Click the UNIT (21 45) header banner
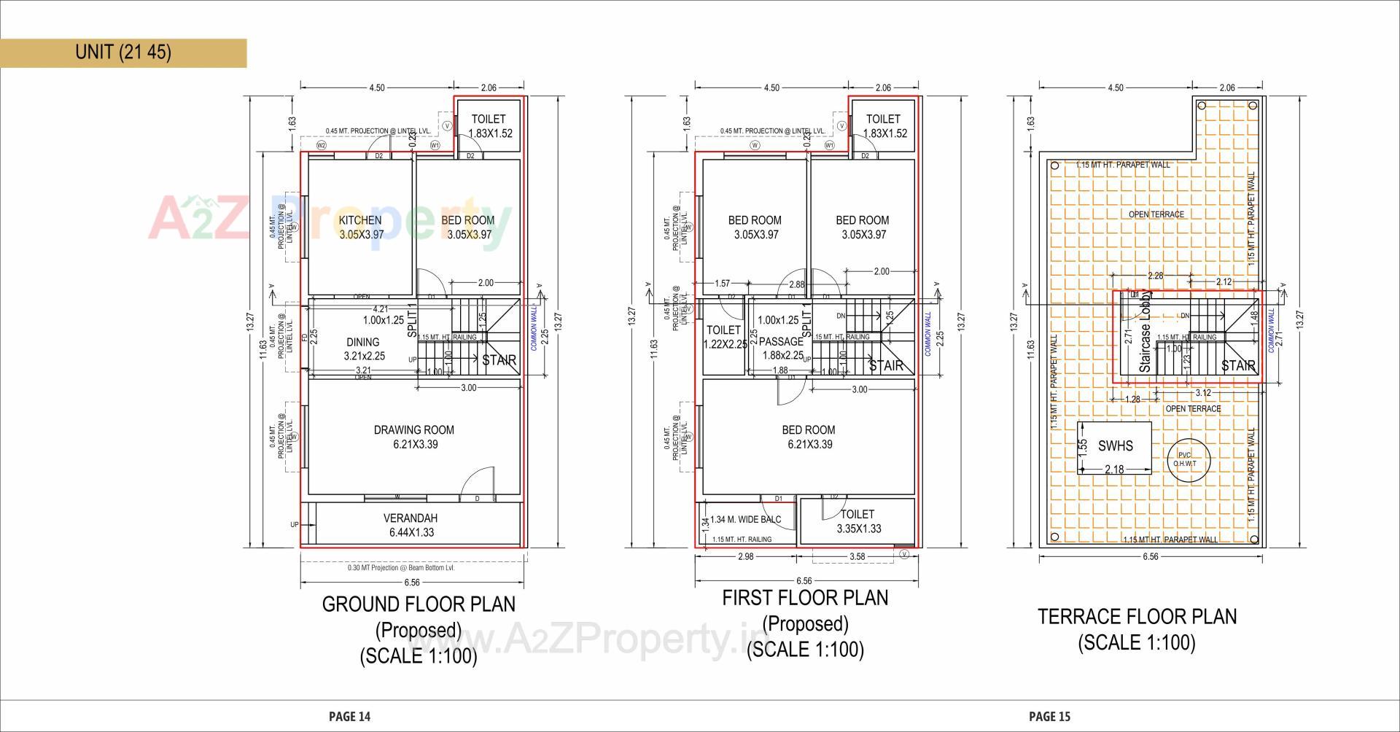[x=123, y=52]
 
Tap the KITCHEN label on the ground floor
[x=360, y=220]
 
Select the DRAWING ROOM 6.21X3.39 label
[x=414, y=437]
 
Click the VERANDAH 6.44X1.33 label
[x=411, y=525]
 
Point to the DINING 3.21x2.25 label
[x=363, y=349]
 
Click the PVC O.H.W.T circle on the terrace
[x=1188, y=459]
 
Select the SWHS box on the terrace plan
[x=1115, y=447]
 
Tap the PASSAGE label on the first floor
[x=781, y=342]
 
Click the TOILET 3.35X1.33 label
[x=857, y=521]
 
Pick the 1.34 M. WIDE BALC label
[x=745, y=520]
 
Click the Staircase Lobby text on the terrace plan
[x=1146, y=332]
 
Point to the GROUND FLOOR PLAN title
[x=419, y=604]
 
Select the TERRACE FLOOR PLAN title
[x=1137, y=617]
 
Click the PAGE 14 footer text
[x=349, y=717]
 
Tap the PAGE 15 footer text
[x=1049, y=717]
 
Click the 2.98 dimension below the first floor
[x=745, y=556]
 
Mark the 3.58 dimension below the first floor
[x=857, y=556]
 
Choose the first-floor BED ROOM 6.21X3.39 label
[x=808, y=437]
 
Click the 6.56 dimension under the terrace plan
[x=1150, y=556]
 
